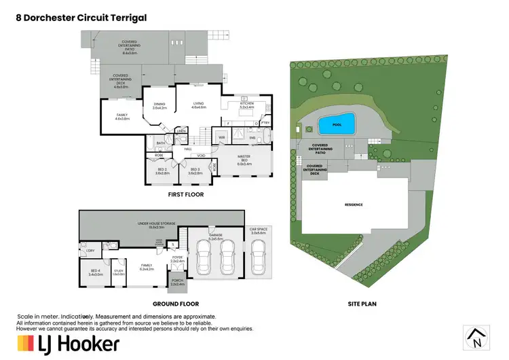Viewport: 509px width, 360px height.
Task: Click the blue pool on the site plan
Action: [x=337, y=124]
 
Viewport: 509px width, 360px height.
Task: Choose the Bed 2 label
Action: [x=161, y=171]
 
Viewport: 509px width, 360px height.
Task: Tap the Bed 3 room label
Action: [x=195, y=171]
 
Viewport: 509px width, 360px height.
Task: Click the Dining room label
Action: [x=159, y=106]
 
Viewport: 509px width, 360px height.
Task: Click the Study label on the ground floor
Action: [x=118, y=272]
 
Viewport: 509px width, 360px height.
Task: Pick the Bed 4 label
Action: [x=95, y=273]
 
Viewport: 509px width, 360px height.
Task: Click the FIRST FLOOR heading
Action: [x=186, y=195]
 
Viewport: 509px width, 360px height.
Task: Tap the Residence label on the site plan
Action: [x=353, y=204]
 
